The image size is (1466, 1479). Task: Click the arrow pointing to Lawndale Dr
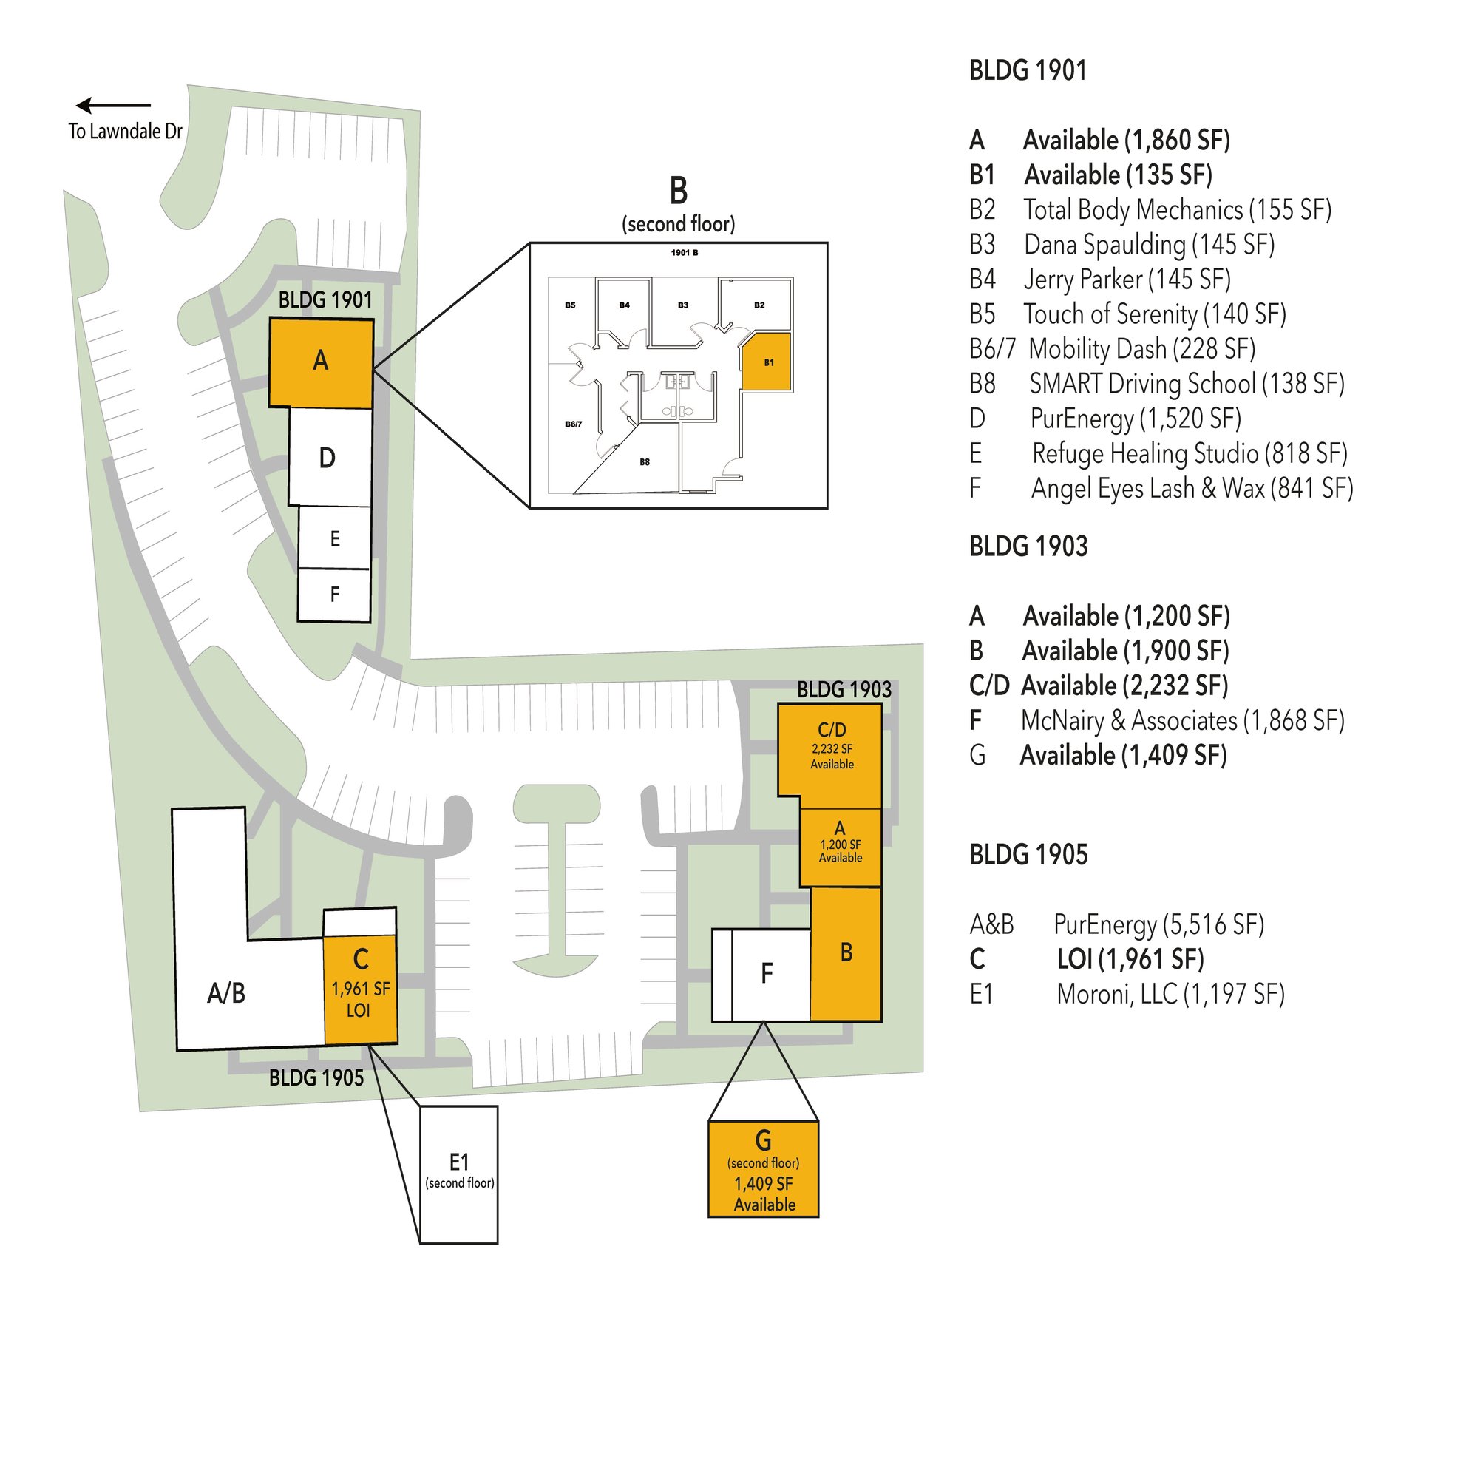pyautogui.click(x=113, y=106)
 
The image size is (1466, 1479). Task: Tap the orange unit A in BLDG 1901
pyautogui.click(x=322, y=362)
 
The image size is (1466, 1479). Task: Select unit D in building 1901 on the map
pyautogui.click(x=330, y=457)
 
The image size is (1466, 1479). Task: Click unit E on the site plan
pyautogui.click(x=334, y=538)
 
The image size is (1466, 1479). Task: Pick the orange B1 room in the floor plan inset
pyautogui.click(x=767, y=362)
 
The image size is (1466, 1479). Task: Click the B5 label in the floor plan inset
pyautogui.click(x=570, y=305)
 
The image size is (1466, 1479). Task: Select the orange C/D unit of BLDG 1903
pyautogui.click(x=830, y=754)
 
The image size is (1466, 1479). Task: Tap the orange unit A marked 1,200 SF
pyautogui.click(x=841, y=847)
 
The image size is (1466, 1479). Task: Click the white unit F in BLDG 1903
pyautogui.click(x=762, y=975)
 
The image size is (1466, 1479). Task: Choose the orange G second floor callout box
pyautogui.click(x=764, y=1169)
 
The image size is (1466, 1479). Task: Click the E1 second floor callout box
pyautogui.click(x=459, y=1174)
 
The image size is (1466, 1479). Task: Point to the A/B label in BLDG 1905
pyautogui.click(x=226, y=993)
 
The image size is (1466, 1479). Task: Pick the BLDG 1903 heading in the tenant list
pyautogui.click(x=1028, y=546)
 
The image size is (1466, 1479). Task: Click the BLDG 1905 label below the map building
pyautogui.click(x=316, y=1078)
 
